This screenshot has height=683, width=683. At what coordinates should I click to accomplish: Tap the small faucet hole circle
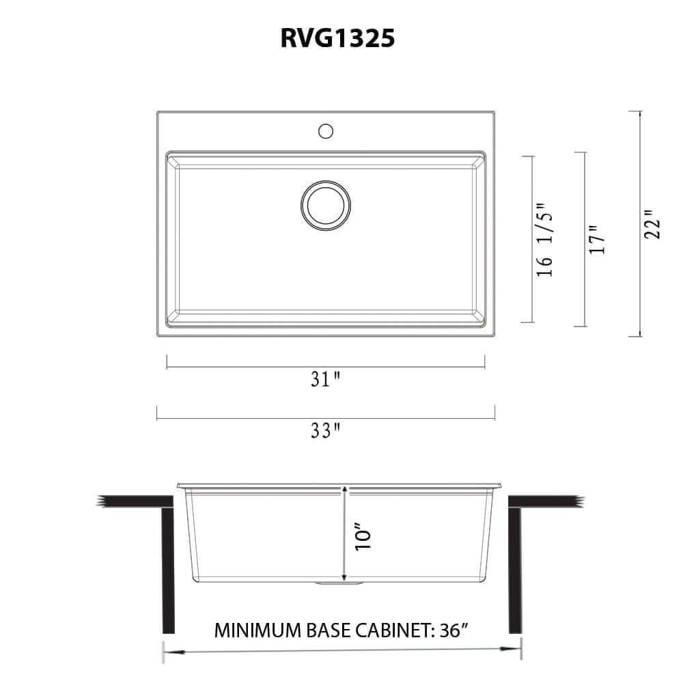pyautogui.click(x=326, y=129)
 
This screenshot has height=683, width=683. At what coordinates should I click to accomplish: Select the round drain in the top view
pyautogui.click(x=326, y=205)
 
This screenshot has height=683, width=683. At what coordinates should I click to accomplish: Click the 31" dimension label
pyautogui.click(x=326, y=380)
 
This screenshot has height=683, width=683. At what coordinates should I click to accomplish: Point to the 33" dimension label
pyautogui.click(x=326, y=431)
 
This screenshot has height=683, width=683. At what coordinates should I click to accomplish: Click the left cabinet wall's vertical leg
pyautogui.click(x=167, y=570)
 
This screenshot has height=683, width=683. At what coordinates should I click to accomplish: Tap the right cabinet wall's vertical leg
pyautogui.click(x=515, y=570)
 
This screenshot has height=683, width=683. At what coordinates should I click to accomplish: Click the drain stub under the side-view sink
pyautogui.click(x=339, y=584)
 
